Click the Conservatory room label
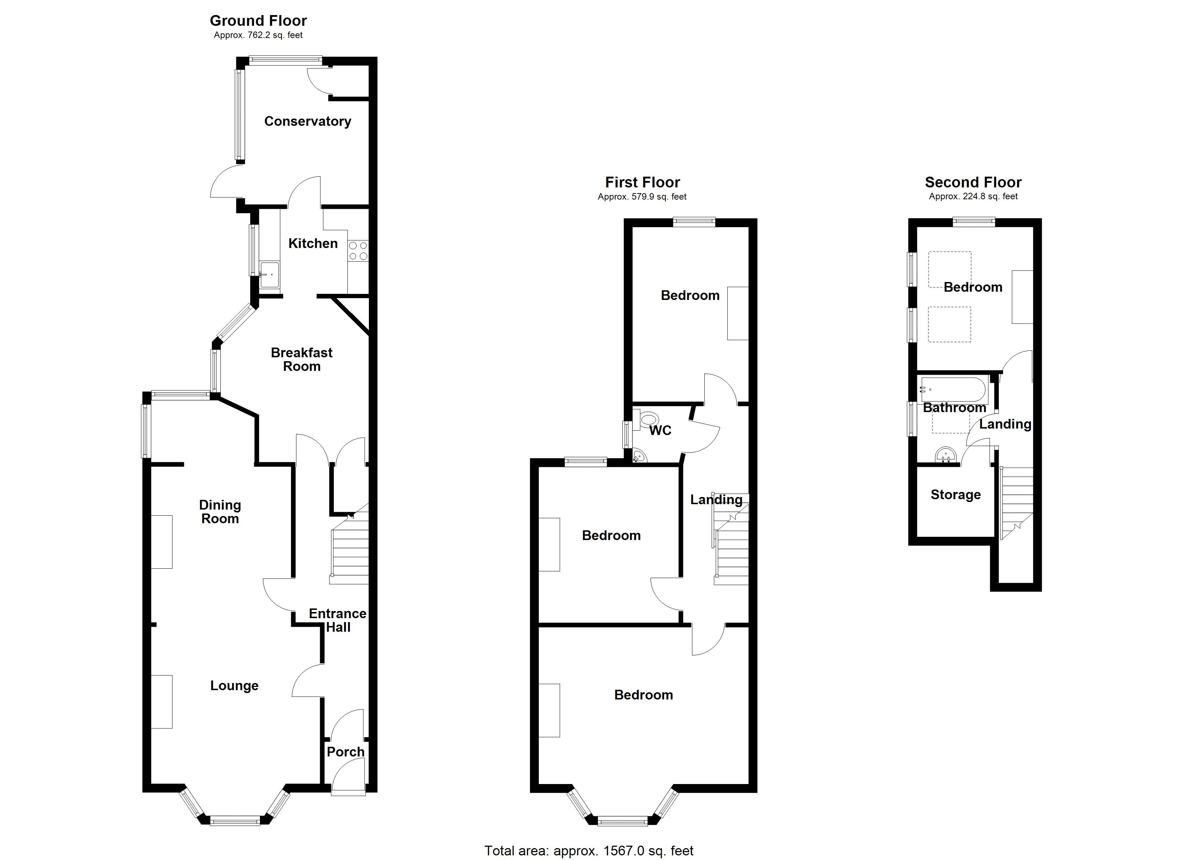tap(307, 121)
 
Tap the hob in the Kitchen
tap(358, 250)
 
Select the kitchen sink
tap(269, 275)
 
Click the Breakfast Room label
tap(301, 359)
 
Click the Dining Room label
tap(220, 512)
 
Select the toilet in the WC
tap(648, 419)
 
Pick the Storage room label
tap(956, 494)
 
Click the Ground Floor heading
tap(258, 21)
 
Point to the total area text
tap(589, 851)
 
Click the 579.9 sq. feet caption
tap(642, 197)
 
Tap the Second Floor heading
tap(973, 182)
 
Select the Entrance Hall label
tap(337, 620)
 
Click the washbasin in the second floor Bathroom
tap(946, 455)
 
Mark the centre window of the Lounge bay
tap(235, 821)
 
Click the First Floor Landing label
tap(716, 500)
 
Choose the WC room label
tap(660, 430)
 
